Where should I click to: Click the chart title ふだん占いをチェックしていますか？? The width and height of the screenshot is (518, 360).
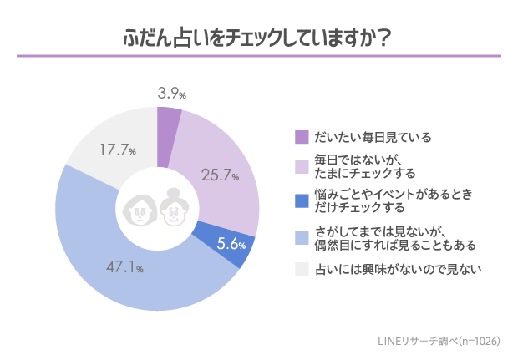[258, 39]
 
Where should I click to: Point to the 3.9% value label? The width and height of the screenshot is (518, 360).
[171, 94]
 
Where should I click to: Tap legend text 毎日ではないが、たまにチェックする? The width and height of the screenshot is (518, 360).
[364, 166]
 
